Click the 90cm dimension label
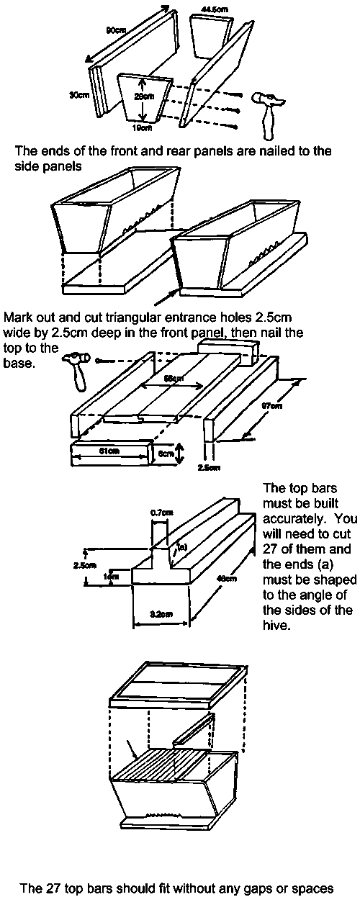click(x=115, y=30)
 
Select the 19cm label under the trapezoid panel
click(x=143, y=129)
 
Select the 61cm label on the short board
click(x=109, y=452)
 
